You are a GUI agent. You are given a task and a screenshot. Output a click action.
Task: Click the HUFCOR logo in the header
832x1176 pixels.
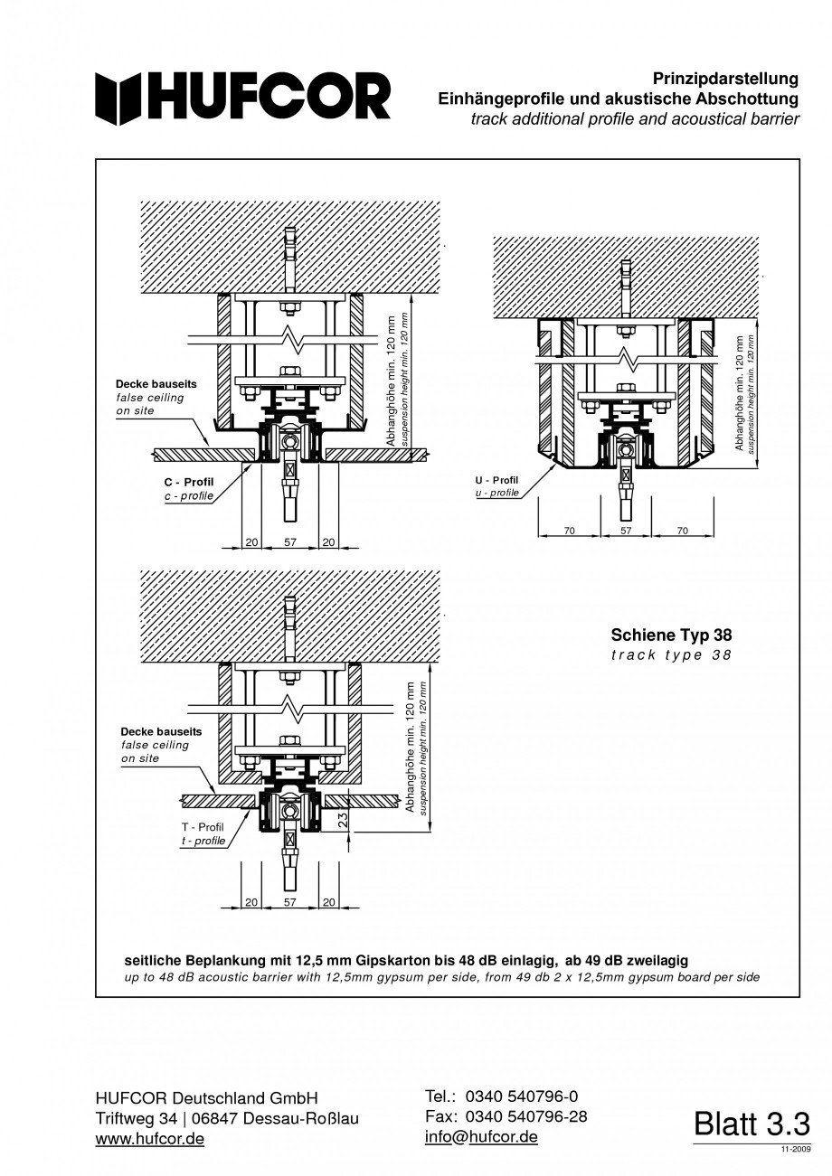(x=243, y=97)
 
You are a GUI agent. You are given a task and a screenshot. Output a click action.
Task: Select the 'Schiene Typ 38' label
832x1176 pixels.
(x=671, y=635)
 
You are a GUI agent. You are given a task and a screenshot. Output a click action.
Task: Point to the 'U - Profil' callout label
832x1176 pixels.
(x=496, y=480)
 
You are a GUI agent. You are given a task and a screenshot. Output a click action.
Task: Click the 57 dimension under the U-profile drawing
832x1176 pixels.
(x=626, y=531)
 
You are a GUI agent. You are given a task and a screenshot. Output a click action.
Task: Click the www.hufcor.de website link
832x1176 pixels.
(x=150, y=1139)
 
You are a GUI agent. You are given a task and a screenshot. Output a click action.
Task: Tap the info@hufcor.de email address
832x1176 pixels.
(x=481, y=1136)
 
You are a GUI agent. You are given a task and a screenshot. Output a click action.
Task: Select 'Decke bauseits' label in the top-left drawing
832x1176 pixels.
(x=156, y=384)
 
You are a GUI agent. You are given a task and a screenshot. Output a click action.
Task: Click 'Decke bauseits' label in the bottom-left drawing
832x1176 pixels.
(x=162, y=731)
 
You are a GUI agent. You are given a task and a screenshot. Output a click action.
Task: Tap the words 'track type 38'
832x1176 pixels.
(x=671, y=654)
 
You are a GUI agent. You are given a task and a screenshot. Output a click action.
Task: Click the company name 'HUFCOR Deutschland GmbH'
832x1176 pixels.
(x=207, y=1098)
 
